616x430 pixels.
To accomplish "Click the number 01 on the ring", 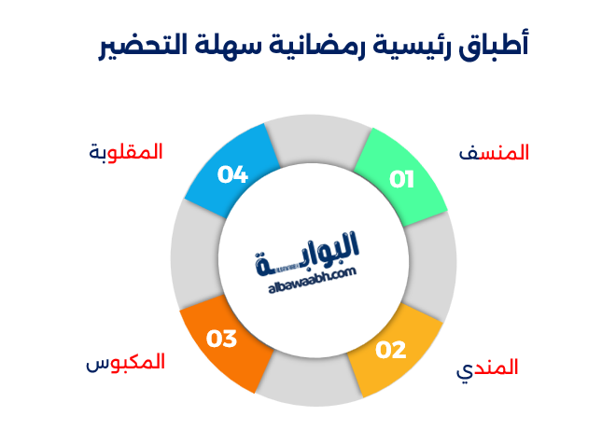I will pyautogui.click(x=401, y=179).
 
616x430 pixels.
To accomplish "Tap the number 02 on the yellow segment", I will pyautogui.click(x=391, y=351).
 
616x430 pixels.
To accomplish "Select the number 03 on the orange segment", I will pyautogui.click(x=222, y=339).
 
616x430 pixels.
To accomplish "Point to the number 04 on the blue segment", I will pyautogui.click(x=232, y=173).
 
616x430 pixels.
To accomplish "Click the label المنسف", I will pyautogui.click(x=496, y=153).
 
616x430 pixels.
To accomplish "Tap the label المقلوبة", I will pyautogui.click(x=126, y=151).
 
